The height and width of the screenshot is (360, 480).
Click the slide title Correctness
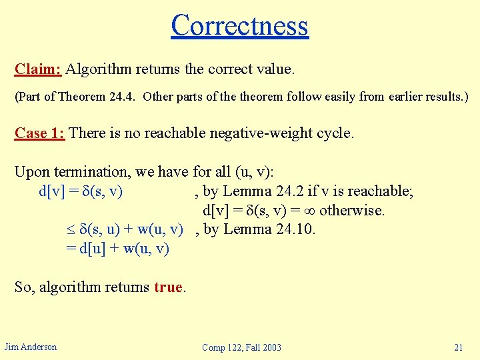239,25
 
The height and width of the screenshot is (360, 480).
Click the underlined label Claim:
38,69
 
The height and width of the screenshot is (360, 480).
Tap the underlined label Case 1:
39,133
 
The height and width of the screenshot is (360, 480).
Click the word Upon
31,172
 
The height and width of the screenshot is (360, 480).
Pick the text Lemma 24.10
270,229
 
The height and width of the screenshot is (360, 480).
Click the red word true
168,287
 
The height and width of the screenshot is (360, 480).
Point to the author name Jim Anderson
31,347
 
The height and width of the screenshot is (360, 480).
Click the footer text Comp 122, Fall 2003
241,347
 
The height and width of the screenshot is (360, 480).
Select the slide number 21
458,347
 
